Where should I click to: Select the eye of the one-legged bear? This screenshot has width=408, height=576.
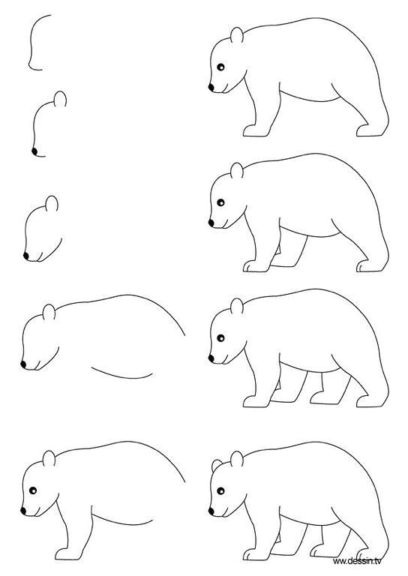(34, 491)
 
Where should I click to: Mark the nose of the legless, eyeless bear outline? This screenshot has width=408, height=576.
(24, 364)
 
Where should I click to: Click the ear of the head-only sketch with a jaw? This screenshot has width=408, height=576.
(52, 203)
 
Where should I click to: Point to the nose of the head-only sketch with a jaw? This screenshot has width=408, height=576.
(27, 256)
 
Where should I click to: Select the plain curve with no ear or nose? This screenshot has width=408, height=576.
(34, 45)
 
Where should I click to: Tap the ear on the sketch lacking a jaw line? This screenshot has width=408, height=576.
(61, 98)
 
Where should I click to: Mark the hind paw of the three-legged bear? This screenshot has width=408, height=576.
(368, 266)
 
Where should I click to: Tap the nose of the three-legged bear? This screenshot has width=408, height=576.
(212, 222)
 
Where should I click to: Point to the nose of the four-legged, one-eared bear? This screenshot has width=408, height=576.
(212, 359)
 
